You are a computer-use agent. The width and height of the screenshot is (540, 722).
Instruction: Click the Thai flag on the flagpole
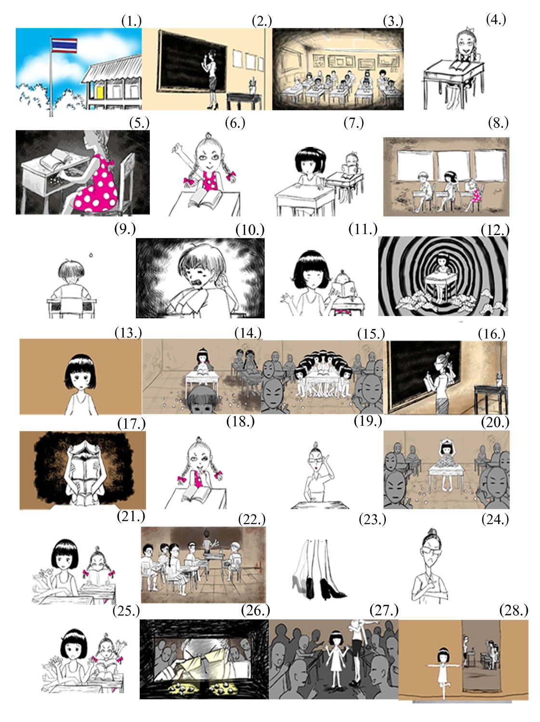[64, 45]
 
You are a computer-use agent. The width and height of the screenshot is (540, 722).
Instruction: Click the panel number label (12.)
[495, 230]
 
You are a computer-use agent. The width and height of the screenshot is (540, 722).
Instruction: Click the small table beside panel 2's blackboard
[244, 101]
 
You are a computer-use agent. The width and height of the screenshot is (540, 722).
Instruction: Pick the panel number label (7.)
[354, 123]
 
